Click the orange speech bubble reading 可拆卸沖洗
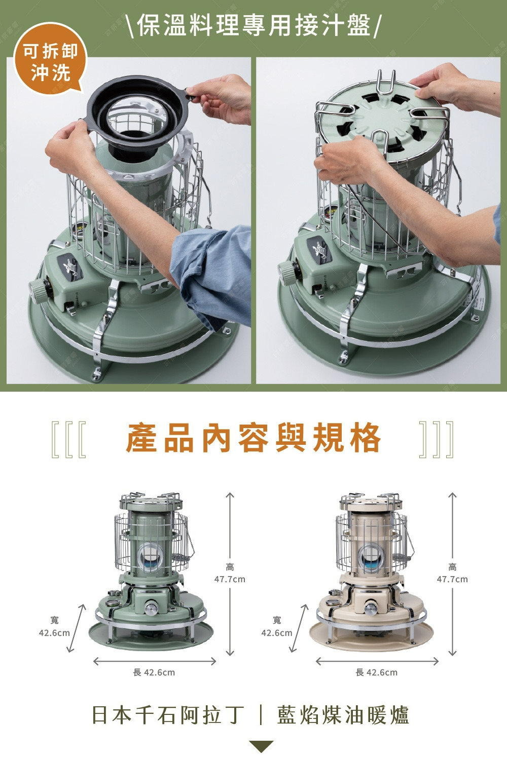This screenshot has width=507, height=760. pyautogui.click(x=50, y=59)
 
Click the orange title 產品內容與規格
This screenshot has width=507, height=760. pyautogui.click(x=253, y=437)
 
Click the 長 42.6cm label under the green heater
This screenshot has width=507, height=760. pyautogui.click(x=154, y=672)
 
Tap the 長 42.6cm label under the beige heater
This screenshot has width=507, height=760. pyautogui.click(x=376, y=672)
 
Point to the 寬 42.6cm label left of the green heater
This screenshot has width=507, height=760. pyautogui.click(x=54, y=626)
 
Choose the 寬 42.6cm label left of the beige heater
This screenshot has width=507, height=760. pyautogui.click(x=277, y=626)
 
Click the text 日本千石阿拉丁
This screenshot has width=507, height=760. pyautogui.click(x=168, y=715)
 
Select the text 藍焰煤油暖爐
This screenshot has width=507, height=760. pyautogui.click(x=343, y=715)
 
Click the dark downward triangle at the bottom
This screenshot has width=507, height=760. pyautogui.click(x=261, y=746)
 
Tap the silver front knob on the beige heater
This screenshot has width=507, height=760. pyautogui.click(x=371, y=607)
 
